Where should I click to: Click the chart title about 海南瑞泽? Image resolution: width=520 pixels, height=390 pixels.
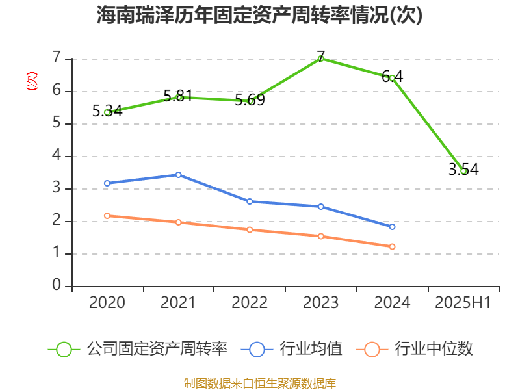point(259,16)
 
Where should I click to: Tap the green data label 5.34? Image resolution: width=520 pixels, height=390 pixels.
point(107,111)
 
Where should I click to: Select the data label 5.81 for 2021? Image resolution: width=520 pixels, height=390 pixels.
point(178,96)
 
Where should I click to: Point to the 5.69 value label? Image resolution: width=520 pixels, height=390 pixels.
point(250,100)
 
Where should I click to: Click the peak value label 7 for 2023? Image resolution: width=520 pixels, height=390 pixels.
point(320,56)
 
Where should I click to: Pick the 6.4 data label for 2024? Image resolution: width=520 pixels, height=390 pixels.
point(392,76)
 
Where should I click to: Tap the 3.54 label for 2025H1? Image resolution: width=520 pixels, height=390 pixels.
point(463,170)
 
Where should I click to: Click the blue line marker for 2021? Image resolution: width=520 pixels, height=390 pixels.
point(178,175)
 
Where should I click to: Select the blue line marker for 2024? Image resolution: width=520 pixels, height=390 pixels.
point(392,227)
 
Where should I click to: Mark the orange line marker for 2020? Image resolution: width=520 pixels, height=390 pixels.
point(107,216)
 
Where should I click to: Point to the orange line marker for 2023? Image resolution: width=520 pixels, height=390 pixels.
point(320,236)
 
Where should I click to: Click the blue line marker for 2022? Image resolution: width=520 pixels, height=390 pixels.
point(250,201)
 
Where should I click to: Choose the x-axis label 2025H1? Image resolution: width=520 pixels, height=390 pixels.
point(463,303)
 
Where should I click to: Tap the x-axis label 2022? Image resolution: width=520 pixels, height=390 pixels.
point(250,303)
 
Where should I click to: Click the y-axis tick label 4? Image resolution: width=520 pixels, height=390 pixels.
point(57,156)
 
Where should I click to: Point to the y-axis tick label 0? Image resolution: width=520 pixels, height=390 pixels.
point(57,286)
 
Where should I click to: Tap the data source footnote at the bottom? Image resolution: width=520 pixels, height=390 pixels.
point(260,383)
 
